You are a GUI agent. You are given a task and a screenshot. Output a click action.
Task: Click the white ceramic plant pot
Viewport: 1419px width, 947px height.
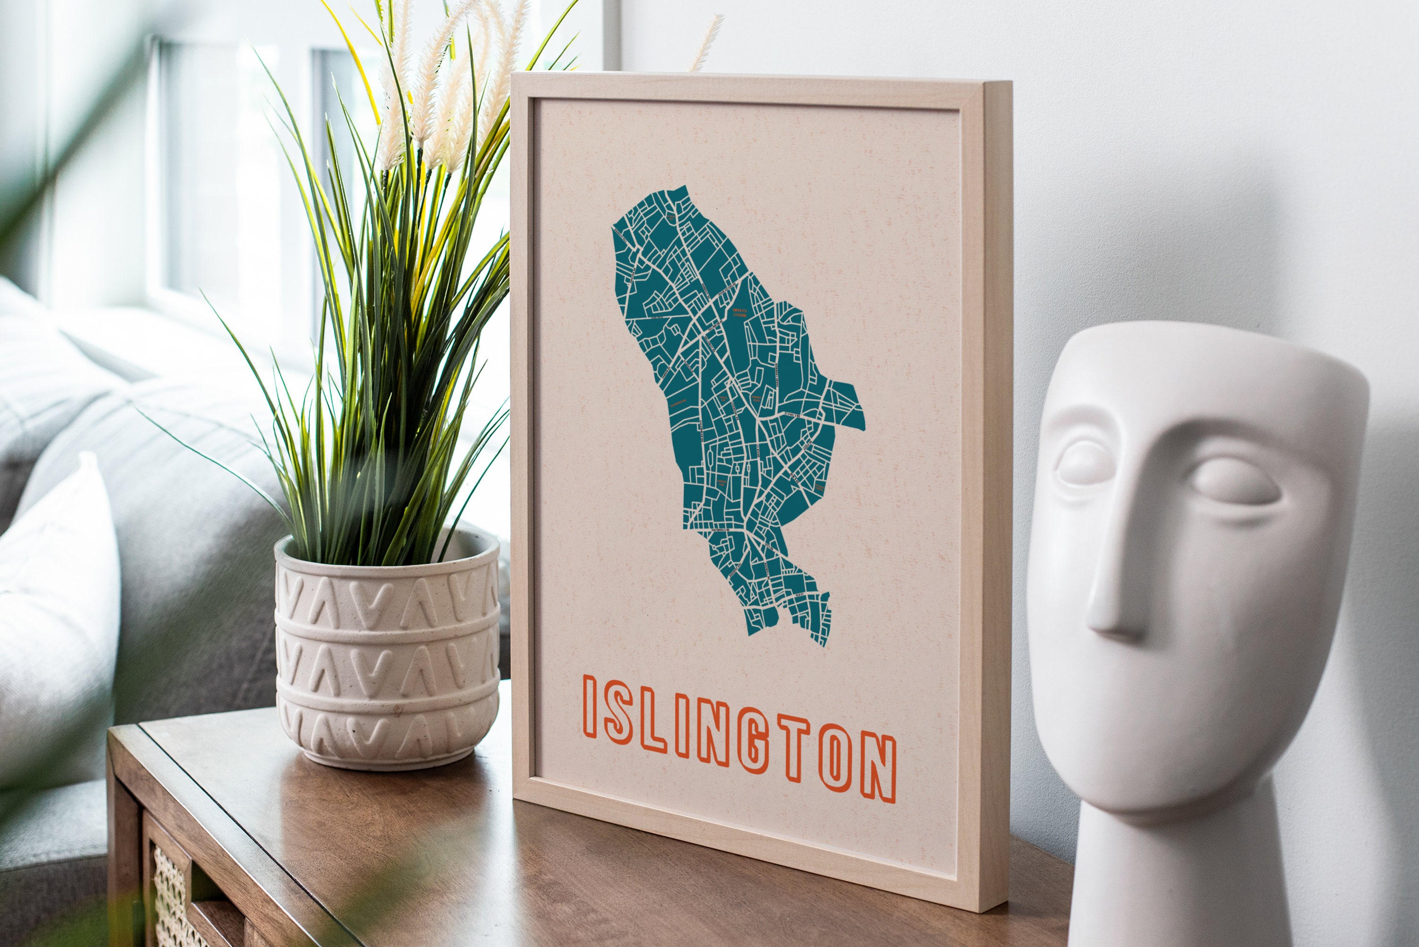[387, 652]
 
